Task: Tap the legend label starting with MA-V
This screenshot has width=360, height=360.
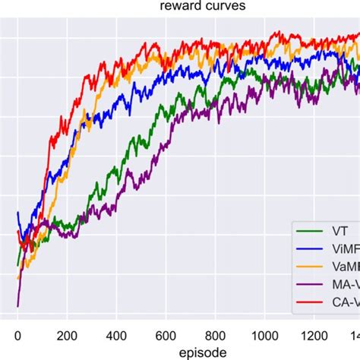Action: tap(346, 287)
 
